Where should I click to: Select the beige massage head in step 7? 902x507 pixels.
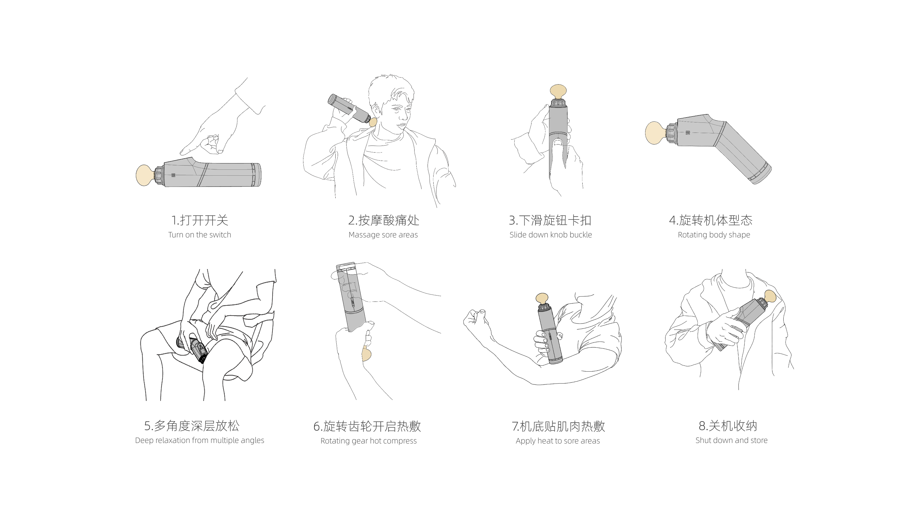[542, 299]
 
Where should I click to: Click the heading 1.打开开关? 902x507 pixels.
[199, 221]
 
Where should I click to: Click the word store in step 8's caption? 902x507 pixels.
[758, 440]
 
